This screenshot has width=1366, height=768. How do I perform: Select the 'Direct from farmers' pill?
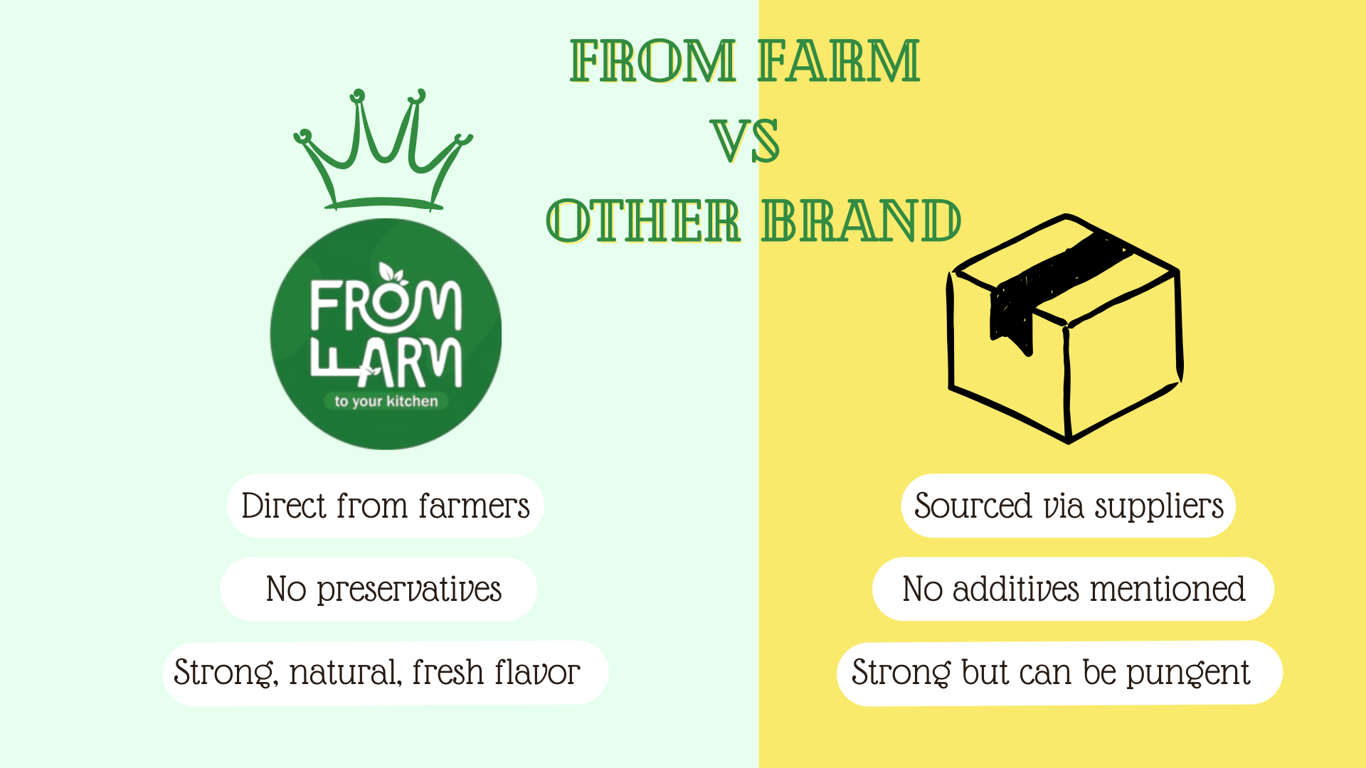pyautogui.click(x=386, y=506)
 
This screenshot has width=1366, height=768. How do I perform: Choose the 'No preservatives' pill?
pyautogui.click(x=378, y=589)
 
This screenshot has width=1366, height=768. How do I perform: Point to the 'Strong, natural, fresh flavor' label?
pyautogui.click(x=386, y=673)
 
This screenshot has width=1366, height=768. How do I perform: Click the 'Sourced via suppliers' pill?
pyautogui.click(x=1069, y=506)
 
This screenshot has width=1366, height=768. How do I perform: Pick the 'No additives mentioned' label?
pyautogui.click(x=1073, y=589)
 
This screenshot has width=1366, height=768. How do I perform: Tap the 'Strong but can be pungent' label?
pyautogui.click(x=1059, y=673)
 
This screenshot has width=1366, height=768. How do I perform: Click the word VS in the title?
pyautogui.click(x=745, y=141)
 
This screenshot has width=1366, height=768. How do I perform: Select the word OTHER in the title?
pyautogui.click(x=643, y=220)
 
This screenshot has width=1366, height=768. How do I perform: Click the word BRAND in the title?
pyautogui.click(x=861, y=220)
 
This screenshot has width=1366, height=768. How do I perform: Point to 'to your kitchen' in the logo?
pyautogui.click(x=386, y=401)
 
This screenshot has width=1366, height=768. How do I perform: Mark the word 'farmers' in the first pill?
pyautogui.click(x=474, y=506)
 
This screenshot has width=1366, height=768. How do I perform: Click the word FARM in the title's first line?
pyautogui.click(x=838, y=61)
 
